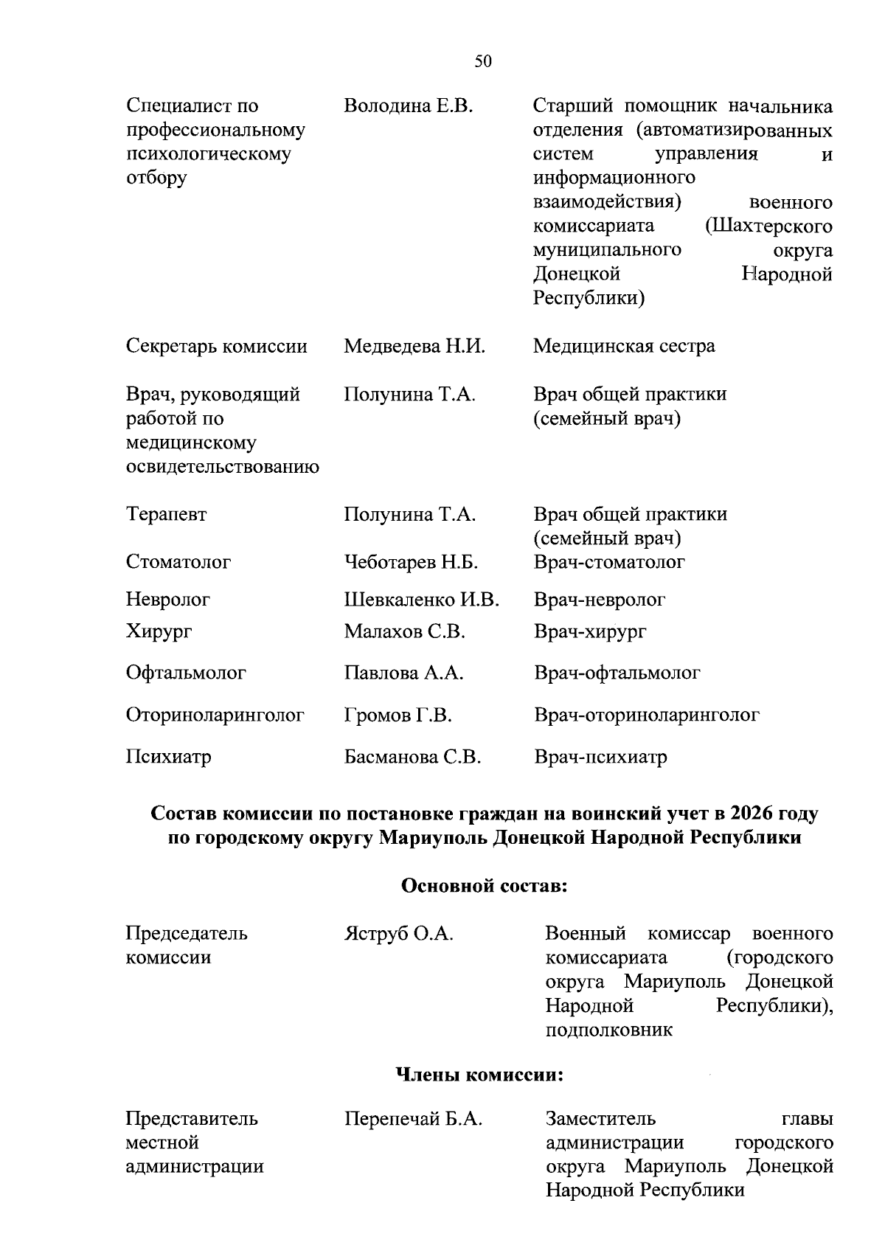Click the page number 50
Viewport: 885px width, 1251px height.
click(483, 61)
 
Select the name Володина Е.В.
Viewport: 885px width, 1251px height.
click(408, 106)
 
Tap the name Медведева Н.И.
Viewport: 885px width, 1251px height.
click(414, 346)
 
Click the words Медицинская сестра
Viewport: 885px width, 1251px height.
click(624, 346)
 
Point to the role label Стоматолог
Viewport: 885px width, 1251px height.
click(178, 562)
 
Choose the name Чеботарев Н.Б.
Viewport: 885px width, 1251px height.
click(411, 563)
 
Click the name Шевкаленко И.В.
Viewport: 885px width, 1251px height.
click(421, 600)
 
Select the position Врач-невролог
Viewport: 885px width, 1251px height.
click(600, 600)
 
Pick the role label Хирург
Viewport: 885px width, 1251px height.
click(159, 631)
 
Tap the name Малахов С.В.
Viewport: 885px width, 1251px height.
click(404, 631)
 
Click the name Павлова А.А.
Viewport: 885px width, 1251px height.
click(403, 673)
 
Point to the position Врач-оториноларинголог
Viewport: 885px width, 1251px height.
click(646, 715)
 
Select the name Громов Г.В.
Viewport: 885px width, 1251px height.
click(398, 715)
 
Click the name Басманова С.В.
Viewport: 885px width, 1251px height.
click(412, 757)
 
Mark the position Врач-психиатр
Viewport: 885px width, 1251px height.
click(600, 757)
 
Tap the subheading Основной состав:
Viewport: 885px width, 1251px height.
click(484, 885)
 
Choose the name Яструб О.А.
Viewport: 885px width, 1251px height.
click(398, 934)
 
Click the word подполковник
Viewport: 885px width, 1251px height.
click(609, 1030)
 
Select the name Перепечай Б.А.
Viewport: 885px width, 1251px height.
click(413, 1119)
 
